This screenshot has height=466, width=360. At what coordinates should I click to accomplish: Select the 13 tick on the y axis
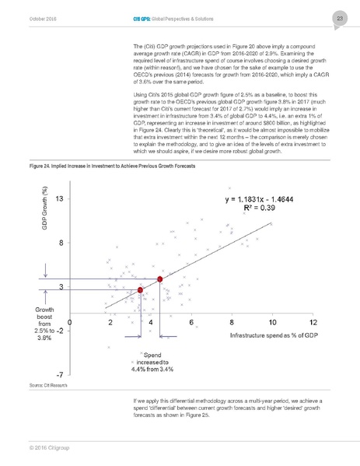[59, 200]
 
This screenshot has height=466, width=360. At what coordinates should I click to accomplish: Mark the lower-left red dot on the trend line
[140, 289]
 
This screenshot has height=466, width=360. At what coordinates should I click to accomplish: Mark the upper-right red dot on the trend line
[159, 279]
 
